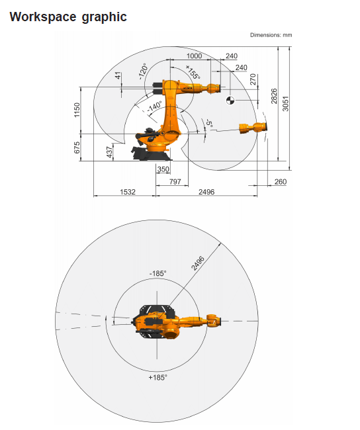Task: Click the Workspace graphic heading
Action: pyautogui.click(x=68, y=17)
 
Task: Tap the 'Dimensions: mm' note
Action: pyautogui.click(x=271, y=35)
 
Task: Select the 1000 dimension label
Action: pyautogui.click(x=194, y=56)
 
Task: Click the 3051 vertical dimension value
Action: pyautogui.click(x=286, y=104)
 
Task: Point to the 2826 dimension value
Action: pyautogui.click(x=274, y=97)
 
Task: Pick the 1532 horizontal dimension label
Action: pyautogui.click(x=128, y=192)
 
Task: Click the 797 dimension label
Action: pyautogui.click(x=175, y=181)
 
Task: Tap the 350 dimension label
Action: pyautogui.click(x=163, y=169)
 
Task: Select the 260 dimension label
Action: pyautogui.click(x=281, y=182)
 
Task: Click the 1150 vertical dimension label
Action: pyautogui.click(x=77, y=110)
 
